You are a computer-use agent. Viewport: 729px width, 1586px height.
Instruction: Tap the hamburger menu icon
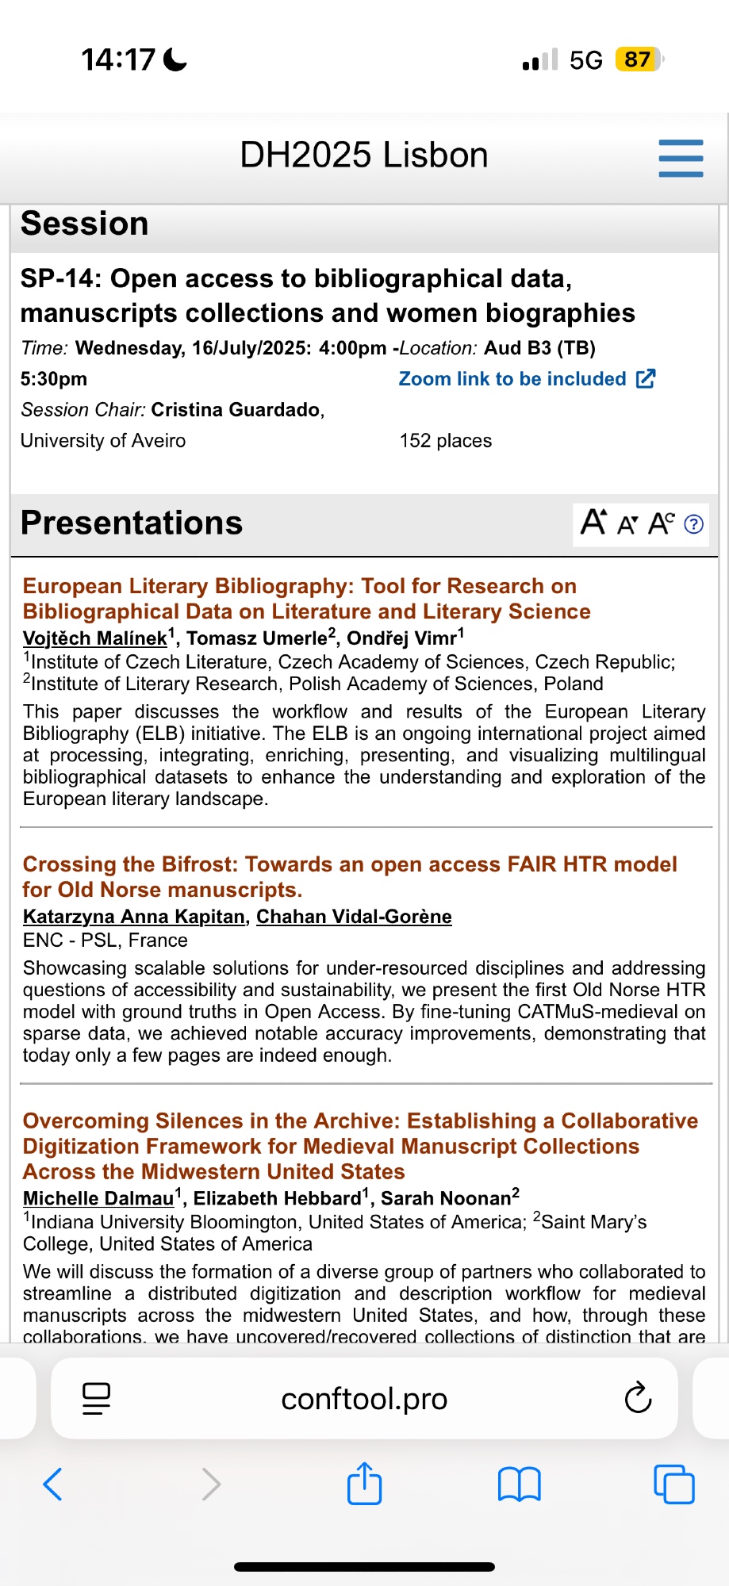(681, 158)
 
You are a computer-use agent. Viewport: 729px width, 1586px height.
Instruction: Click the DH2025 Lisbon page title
(364, 155)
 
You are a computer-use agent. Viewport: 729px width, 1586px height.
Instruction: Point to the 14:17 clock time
(118, 59)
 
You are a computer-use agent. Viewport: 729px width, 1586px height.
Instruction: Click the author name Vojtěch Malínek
(95, 638)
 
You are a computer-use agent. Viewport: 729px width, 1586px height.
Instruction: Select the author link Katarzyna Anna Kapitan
(133, 917)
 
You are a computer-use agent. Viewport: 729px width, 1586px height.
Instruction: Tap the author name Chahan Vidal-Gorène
(354, 917)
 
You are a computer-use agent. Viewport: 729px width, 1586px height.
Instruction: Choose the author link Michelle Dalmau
(98, 1198)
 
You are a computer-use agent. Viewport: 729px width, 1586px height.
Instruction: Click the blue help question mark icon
(693, 524)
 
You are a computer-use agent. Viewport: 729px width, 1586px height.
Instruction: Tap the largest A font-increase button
(593, 523)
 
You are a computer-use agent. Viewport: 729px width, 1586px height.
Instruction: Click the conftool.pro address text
(364, 1399)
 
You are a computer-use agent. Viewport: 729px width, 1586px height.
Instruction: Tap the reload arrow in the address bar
(638, 1399)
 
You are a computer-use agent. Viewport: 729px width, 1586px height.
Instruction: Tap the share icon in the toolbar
(364, 1483)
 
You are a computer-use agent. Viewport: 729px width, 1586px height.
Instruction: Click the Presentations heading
(132, 523)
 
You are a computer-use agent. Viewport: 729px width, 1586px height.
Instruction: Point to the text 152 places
(446, 441)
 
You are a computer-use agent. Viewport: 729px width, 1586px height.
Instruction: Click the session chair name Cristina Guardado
(236, 410)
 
